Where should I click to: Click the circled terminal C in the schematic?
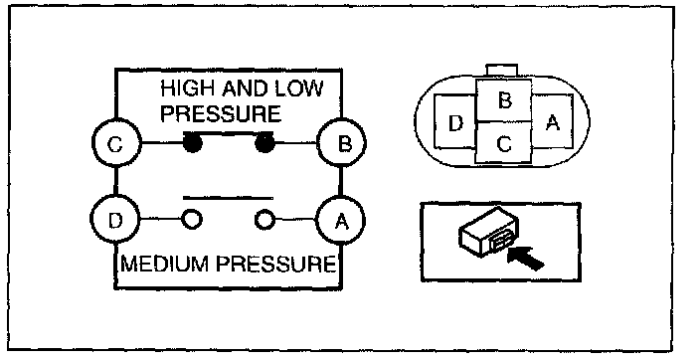click(x=115, y=143)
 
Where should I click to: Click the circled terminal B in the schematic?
click(x=341, y=143)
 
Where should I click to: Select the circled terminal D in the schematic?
click(x=114, y=220)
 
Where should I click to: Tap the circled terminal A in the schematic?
click(x=340, y=220)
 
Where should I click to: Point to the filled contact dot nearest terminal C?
click(x=192, y=143)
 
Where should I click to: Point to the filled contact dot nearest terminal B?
click(x=264, y=143)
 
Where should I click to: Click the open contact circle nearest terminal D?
click(x=192, y=220)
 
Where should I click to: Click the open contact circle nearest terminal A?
click(x=264, y=220)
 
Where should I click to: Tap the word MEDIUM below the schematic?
click(x=166, y=264)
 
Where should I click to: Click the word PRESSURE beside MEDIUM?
click(x=275, y=264)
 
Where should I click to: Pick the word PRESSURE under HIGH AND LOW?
click(x=221, y=113)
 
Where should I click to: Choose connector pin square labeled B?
click(x=503, y=100)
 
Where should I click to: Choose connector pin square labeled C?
click(x=503, y=142)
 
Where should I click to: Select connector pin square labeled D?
click(x=455, y=121)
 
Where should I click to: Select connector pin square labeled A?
click(x=552, y=121)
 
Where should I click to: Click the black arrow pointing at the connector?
click(x=526, y=258)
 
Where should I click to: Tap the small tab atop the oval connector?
click(x=502, y=71)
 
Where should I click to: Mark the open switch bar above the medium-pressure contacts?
click(x=228, y=198)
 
